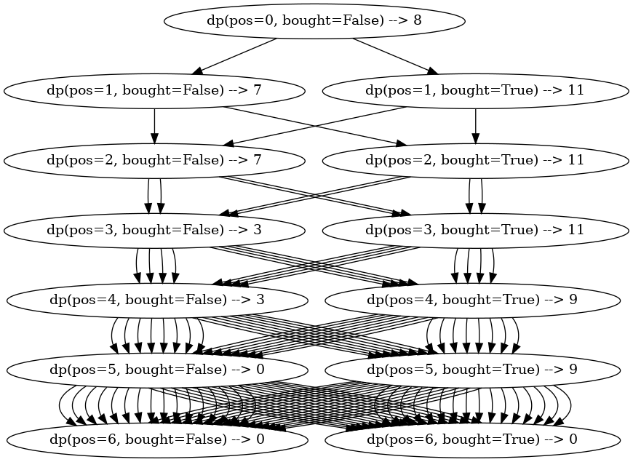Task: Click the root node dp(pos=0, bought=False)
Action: pos(314,20)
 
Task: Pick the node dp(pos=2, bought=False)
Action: pos(154,160)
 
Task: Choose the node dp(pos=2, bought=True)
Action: pos(474,160)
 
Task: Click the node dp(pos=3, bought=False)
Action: pos(154,230)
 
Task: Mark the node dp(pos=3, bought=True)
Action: pos(474,230)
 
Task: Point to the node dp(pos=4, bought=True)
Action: pos(472,300)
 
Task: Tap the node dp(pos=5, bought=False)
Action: pos(156,370)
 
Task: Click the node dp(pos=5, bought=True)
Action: pos(472,370)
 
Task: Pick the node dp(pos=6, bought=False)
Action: pos(156,439)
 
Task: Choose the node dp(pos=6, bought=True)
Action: pos(472,439)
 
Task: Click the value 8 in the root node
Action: pos(417,20)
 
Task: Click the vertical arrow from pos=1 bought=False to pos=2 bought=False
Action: pos(154,125)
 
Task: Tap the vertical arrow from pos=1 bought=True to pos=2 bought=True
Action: pos(474,125)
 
